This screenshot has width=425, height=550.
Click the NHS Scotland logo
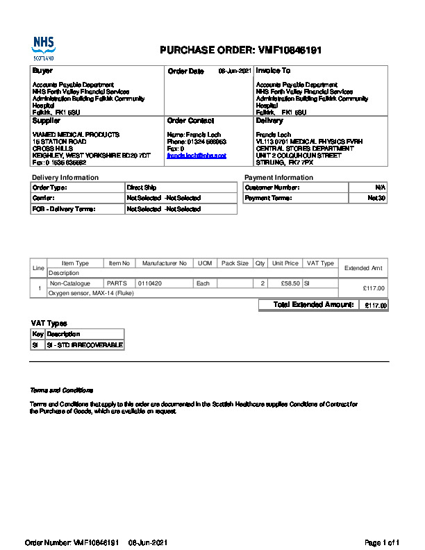click(x=43, y=48)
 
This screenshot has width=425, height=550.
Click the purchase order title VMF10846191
click(x=240, y=51)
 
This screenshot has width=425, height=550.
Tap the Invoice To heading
click(x=273, y=71)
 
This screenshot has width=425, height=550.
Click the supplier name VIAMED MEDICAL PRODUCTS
click(x=76, y=134)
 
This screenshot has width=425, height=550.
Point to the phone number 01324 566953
click(x=207, y=142)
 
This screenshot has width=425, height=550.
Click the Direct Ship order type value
click(x=142, y=187)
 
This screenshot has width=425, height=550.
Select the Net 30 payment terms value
click(x=376, y=198)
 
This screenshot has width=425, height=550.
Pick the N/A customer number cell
click(x=380, y=187)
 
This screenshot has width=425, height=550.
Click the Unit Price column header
click(x=285, y=263)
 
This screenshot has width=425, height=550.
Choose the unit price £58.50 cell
click(x=290, y=283)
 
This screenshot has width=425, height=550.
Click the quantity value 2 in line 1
click(x=262, y=283)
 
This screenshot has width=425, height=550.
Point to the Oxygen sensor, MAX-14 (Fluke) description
click(x=90, y=294)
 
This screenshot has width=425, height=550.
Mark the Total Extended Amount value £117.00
click(x=376, y=306)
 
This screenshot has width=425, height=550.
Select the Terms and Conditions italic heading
click(x=61, y=390)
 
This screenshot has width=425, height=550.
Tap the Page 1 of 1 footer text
click(x=382, y=542)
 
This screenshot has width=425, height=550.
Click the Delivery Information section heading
click(x=65, y=178)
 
